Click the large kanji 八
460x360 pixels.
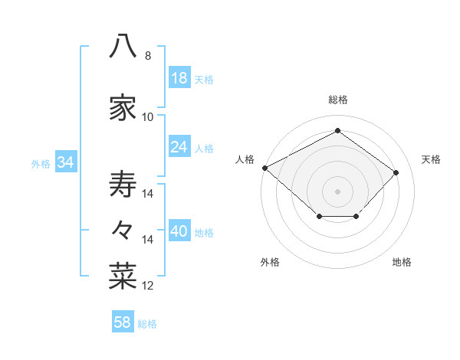(123, 46)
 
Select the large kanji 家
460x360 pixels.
(123, 107)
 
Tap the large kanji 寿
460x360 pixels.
(123, 184)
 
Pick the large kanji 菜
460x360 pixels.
(123, 276)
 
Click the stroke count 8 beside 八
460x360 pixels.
(148, 56)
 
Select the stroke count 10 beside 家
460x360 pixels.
(147, 117)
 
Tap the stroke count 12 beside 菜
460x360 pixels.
(147, 286)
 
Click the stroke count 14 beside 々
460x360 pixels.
(147, 240)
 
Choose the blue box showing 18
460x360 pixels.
(179, 77)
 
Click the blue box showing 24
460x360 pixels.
(179, 146)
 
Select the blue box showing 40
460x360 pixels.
(179, 230)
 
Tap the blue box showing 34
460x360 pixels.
(66, 161)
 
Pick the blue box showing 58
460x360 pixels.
(123, 321)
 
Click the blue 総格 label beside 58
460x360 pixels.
(147, 324)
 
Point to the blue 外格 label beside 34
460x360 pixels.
(41, 164)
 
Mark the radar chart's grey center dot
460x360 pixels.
(337, 191)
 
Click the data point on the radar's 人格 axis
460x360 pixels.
(265, 168)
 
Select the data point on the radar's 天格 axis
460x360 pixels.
(396, 172)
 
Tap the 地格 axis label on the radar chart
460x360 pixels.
(402, 262)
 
